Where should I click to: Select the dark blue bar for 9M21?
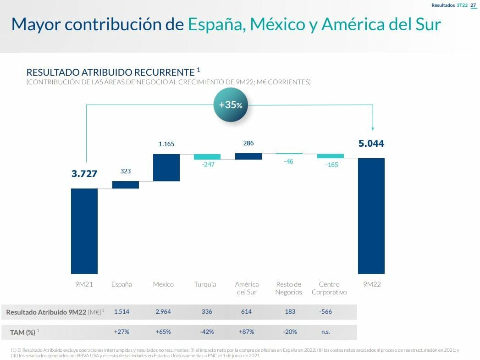(x=84, y=231)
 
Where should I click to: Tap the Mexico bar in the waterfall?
(x=166, y=167)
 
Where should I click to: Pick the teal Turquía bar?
(x=207, y=157)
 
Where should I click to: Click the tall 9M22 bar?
(x=371, y=216)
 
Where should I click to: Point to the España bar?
(x=126, y=184)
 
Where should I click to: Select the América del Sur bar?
(x=248, y=156)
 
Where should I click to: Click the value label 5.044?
(x=371, y=144)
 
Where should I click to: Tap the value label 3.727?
(x=84, y=174)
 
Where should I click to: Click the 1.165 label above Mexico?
(x=166, y=144)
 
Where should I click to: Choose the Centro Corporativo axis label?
(x=329, y=288)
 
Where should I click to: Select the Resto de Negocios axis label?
(x=289, y=288)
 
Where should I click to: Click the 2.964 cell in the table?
(x=163, y=312)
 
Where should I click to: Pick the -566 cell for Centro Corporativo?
(x=326, y=312)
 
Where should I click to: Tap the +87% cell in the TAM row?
(x=246, y=332)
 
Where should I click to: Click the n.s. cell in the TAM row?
(x=326, y=332)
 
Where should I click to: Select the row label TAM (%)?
(x=23, y=332)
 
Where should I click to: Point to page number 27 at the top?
(x=474, y=5)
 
